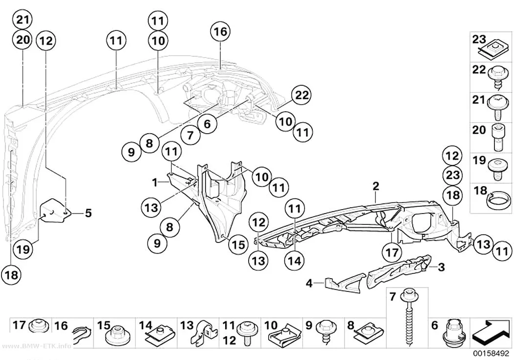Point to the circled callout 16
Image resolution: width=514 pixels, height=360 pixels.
click(220, 32)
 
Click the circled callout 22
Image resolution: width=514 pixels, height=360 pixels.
click(302, 95)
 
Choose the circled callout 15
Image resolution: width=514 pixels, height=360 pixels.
click(238, 244)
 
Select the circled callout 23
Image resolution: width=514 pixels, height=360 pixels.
click(452, 175)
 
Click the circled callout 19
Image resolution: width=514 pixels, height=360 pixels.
click(23, 249)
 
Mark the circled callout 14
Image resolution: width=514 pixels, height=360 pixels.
click(294, 261)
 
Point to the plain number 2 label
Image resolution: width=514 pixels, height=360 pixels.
click(375, 186)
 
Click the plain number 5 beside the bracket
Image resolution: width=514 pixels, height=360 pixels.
click(88, 213)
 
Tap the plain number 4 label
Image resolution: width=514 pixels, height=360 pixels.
click(309, 283)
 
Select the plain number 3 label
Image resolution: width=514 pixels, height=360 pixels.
click(441, 267)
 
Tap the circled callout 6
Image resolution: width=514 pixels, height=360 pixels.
click(208, 123)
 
